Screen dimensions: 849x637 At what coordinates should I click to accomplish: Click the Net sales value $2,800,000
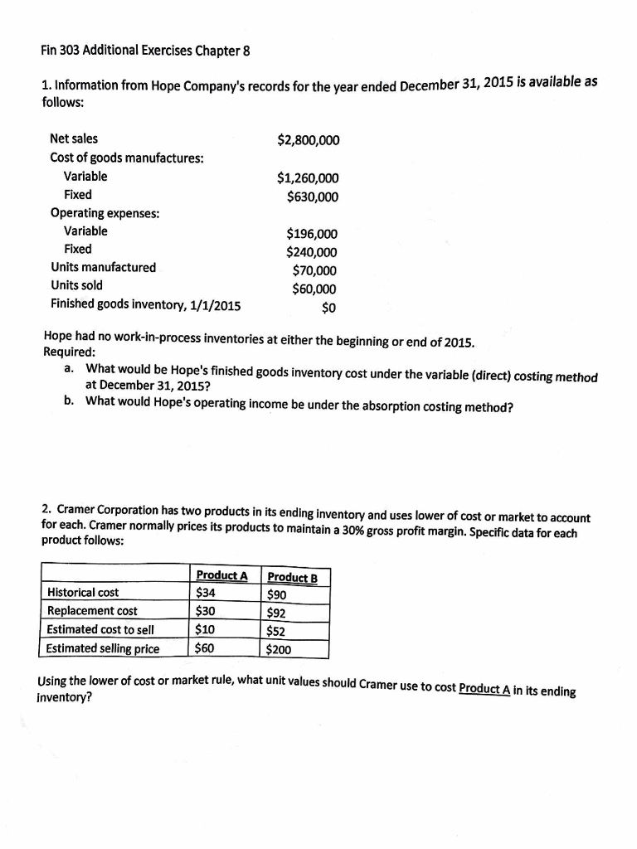pos(308,140)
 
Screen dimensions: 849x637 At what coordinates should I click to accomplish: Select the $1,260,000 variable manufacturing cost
pos(308,178)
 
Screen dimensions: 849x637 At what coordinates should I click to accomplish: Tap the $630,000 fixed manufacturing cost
pos(313,196)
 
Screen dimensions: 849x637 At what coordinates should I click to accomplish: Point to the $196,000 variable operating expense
pos(312,235)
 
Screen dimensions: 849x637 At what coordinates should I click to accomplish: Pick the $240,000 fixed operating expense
pos(312,253)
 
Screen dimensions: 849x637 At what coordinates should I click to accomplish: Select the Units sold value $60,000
pos(314,289)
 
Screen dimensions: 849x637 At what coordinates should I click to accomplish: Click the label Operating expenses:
pos(105,213)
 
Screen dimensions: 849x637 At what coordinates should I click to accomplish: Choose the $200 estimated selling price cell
pos(279,649)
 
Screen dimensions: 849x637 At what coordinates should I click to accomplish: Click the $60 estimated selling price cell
pos(205,648)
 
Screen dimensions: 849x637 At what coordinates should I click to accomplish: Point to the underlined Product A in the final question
pos(489,690)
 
